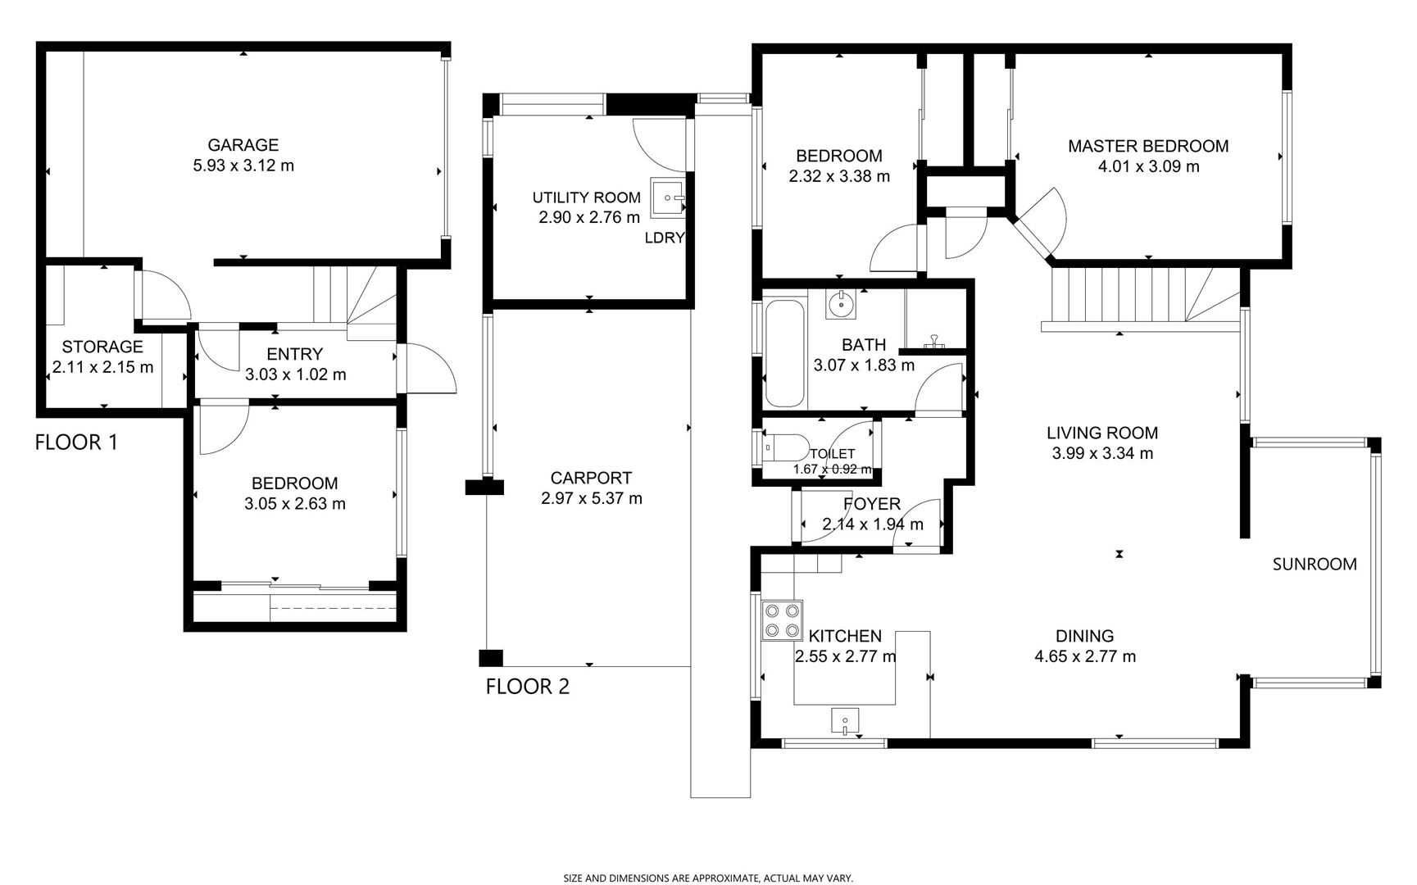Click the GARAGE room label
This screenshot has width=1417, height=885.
(243, 145)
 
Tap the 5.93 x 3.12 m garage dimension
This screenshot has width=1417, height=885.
(243, 166)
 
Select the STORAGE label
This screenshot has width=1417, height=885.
(102, 347)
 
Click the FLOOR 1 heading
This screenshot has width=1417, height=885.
(76, 442)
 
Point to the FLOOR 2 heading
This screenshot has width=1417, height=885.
(527, 687)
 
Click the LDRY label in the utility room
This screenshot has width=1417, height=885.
(664, 238)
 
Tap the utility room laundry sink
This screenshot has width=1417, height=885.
(667, 197)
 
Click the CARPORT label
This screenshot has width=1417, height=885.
(591, 478)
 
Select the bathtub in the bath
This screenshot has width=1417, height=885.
(784, 353)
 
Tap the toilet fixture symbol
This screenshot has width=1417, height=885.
(784, 448)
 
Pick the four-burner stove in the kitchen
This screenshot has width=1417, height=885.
(782, 620)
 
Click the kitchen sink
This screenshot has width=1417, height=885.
(845, 721)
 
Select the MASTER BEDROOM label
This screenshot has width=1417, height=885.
(1148, 146)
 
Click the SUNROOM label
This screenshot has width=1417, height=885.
(1315, 564)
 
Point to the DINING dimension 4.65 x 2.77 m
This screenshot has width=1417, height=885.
(1085, 656)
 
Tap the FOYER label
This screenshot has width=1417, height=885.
(872, 504)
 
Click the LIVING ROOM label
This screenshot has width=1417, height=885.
(1102, 433)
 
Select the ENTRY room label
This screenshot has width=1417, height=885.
(295, 354)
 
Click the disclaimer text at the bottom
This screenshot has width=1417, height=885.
(708, 878)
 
